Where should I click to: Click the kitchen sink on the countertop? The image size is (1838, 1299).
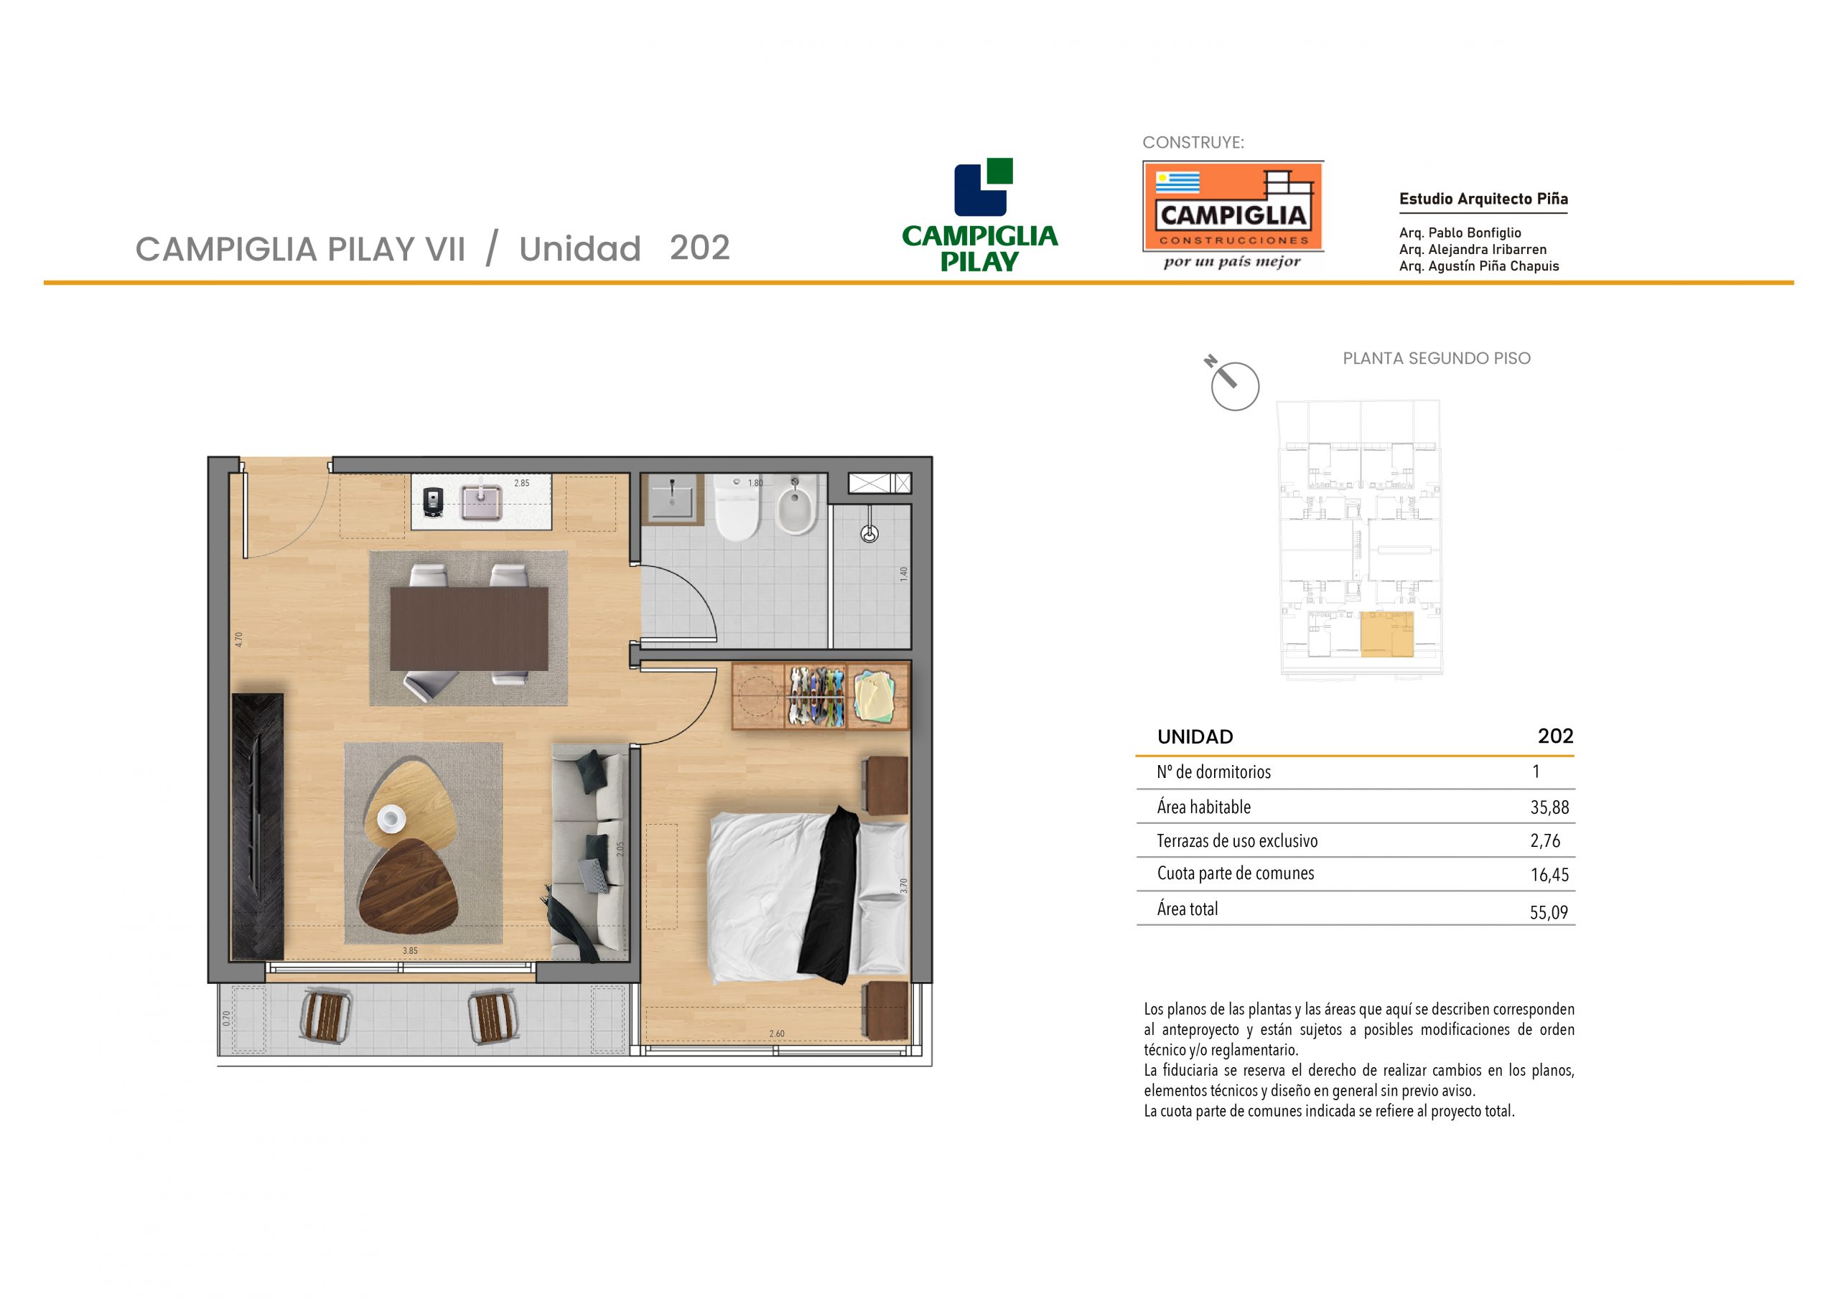[481, 502]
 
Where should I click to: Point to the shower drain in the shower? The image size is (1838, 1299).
[869, 533]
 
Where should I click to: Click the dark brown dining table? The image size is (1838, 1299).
[469, 629]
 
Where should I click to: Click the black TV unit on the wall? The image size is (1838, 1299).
[258, 826]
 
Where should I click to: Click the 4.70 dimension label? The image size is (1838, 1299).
[238, 639]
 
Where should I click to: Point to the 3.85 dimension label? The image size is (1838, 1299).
[410, 951]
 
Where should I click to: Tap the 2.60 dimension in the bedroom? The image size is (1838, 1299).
[777, 1033]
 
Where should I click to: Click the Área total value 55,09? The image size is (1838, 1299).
[1549, 911]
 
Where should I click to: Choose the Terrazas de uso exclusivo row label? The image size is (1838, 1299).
[1237, 840]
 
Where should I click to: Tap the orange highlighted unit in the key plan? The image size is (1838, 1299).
[1386, 634]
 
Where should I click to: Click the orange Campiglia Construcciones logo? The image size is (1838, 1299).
[1233, 206]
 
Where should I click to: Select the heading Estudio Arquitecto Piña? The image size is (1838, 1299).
[1483, 199]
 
